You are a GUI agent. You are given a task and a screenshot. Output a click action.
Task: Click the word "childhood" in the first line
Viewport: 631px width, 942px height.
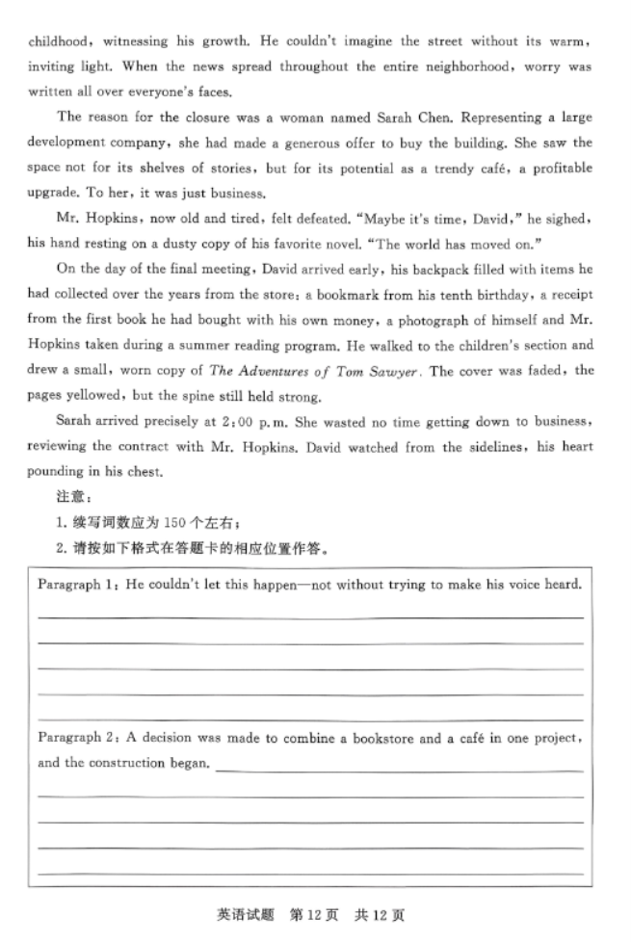pyautogui.click(x=60, y=42)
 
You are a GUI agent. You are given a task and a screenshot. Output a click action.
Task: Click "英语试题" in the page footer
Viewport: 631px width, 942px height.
pyautogui.click(x=247, y=913)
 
